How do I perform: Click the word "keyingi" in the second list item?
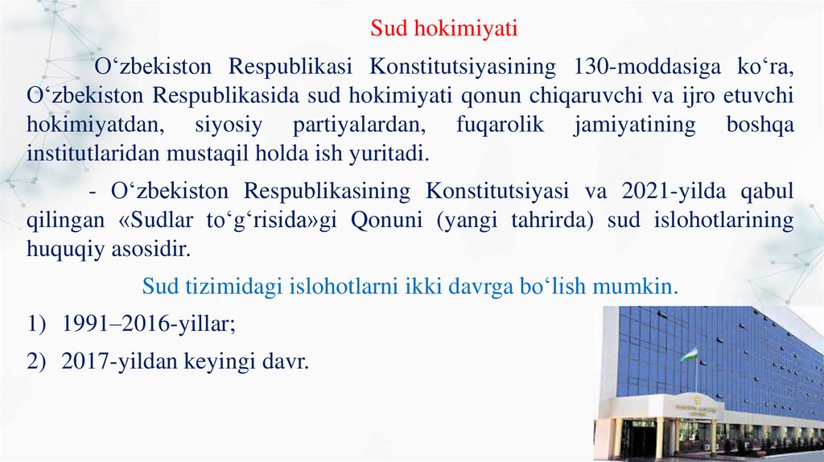point(212,362)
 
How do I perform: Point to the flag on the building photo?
point(690,354)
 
